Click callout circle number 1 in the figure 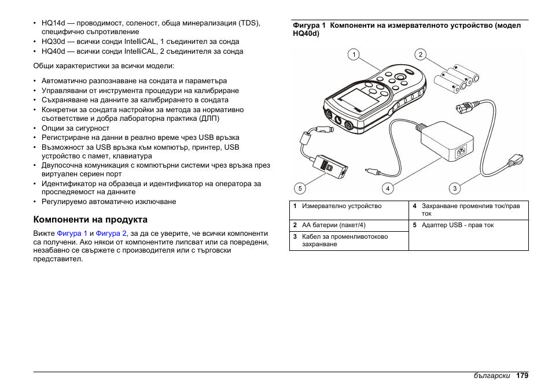[x=353, y=55]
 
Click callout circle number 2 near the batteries [x=421, y=55]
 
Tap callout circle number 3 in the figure [x=455, y=188]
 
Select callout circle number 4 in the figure [x=387, y=188]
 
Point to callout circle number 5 [x=299, y=188]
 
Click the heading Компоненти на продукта [x=90, y=220]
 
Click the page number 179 [x=522, y=376]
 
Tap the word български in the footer [x=492, y=376]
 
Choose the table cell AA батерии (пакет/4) [x=333, y=225]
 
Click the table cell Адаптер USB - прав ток [x=457, y=225]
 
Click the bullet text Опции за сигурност [x=75, y=128]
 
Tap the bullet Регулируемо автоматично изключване [x=109, y=202]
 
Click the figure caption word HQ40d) [x=306, y=34]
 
